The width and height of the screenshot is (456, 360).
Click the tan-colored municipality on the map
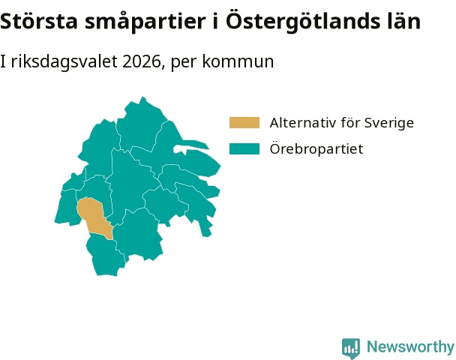tap(94, 217)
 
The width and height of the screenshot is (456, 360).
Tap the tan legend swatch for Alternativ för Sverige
tap(244, 123)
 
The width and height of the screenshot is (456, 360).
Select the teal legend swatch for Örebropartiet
tap(244, 149)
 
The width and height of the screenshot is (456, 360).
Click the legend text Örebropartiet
tap(316, 148)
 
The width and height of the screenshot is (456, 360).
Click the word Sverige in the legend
tap(389, 124)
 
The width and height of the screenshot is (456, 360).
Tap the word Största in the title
tap(39, 21)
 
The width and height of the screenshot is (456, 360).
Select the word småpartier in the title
tap(145, 22)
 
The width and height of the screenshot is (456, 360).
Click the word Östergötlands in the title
tap(303, 22)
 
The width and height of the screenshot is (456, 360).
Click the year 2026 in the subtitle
tap(142, 61)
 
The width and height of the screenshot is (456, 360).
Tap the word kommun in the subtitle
tap(238, 61)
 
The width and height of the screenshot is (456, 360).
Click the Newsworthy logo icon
tap(351, 348)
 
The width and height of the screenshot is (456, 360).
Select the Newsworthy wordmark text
tap(411, 346)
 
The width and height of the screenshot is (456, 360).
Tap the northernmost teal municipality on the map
tap(142, 125)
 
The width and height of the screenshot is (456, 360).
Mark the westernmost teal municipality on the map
tap(66, 206)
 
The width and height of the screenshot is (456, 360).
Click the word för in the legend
tap(349, 123)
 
